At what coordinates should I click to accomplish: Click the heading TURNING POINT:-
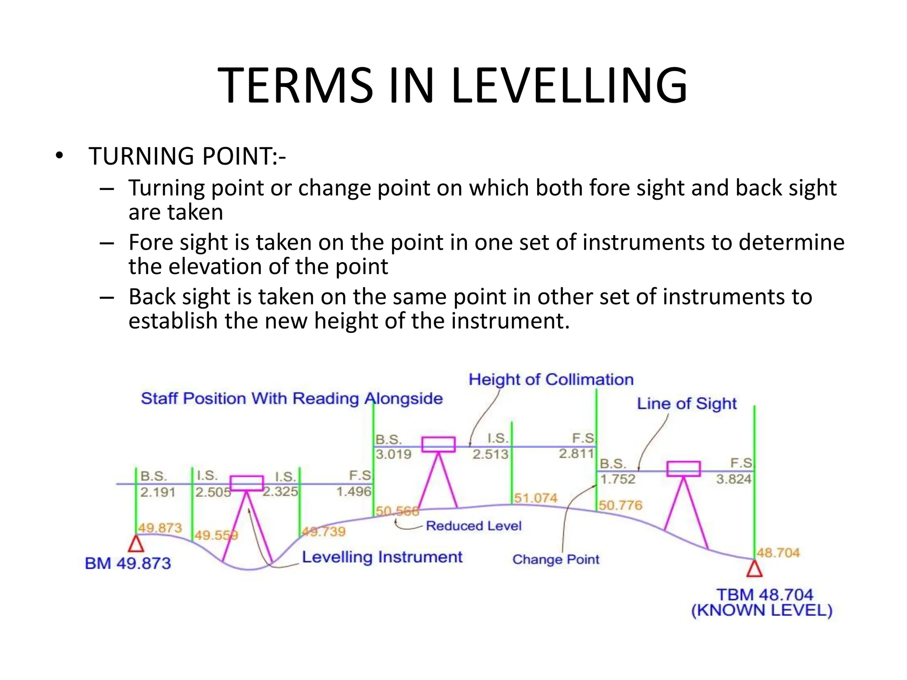click(x=187, y=156)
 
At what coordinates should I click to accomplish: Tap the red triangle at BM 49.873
click(x=136, y=544)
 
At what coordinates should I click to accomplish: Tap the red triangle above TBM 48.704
click(x=754, y=569)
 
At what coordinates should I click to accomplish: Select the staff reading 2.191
click(x=158, y=492)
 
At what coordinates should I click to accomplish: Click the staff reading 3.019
click(x=393, y=454)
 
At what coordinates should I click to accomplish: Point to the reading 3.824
click(x=733, y=479)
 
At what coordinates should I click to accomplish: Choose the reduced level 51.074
click(x=535, y=498)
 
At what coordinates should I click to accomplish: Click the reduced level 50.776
click(x=620, y=505)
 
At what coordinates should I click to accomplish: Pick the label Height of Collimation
click(x=551, y=380)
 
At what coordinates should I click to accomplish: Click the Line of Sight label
click(x=686, y=404)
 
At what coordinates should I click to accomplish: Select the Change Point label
click(x=555, y=560)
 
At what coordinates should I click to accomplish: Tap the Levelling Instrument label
click(x=382, y=557)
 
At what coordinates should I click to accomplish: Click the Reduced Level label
click(x=473, y=526)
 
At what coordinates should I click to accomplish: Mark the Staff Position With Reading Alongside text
click(x=291, y=398)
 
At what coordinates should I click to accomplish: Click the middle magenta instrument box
click(x=438, y=444)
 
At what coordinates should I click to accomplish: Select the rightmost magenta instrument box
click(x=683, y=469)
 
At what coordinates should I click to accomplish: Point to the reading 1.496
click(x=353, y=491)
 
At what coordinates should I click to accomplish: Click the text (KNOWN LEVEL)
click(x=761, y=610)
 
